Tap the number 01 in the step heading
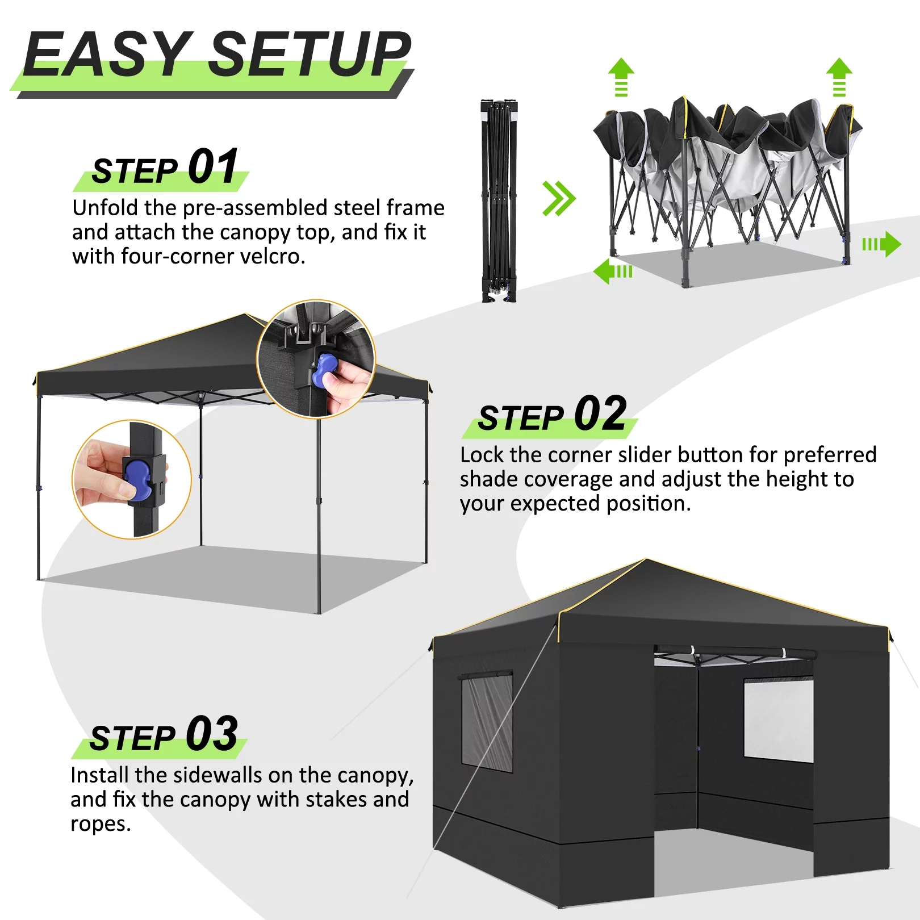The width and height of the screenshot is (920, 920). [x=213, y=166]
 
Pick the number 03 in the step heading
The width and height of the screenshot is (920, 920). [x=211, y=733]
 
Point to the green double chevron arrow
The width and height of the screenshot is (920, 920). [x=558, y=199]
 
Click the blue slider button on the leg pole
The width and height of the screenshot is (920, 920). [x=138, y=481]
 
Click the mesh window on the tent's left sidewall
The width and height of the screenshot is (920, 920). [x=487, y=721]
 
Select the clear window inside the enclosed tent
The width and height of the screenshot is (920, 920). [x=778, y=721]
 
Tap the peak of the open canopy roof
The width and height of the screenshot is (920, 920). [x=245, y=315]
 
